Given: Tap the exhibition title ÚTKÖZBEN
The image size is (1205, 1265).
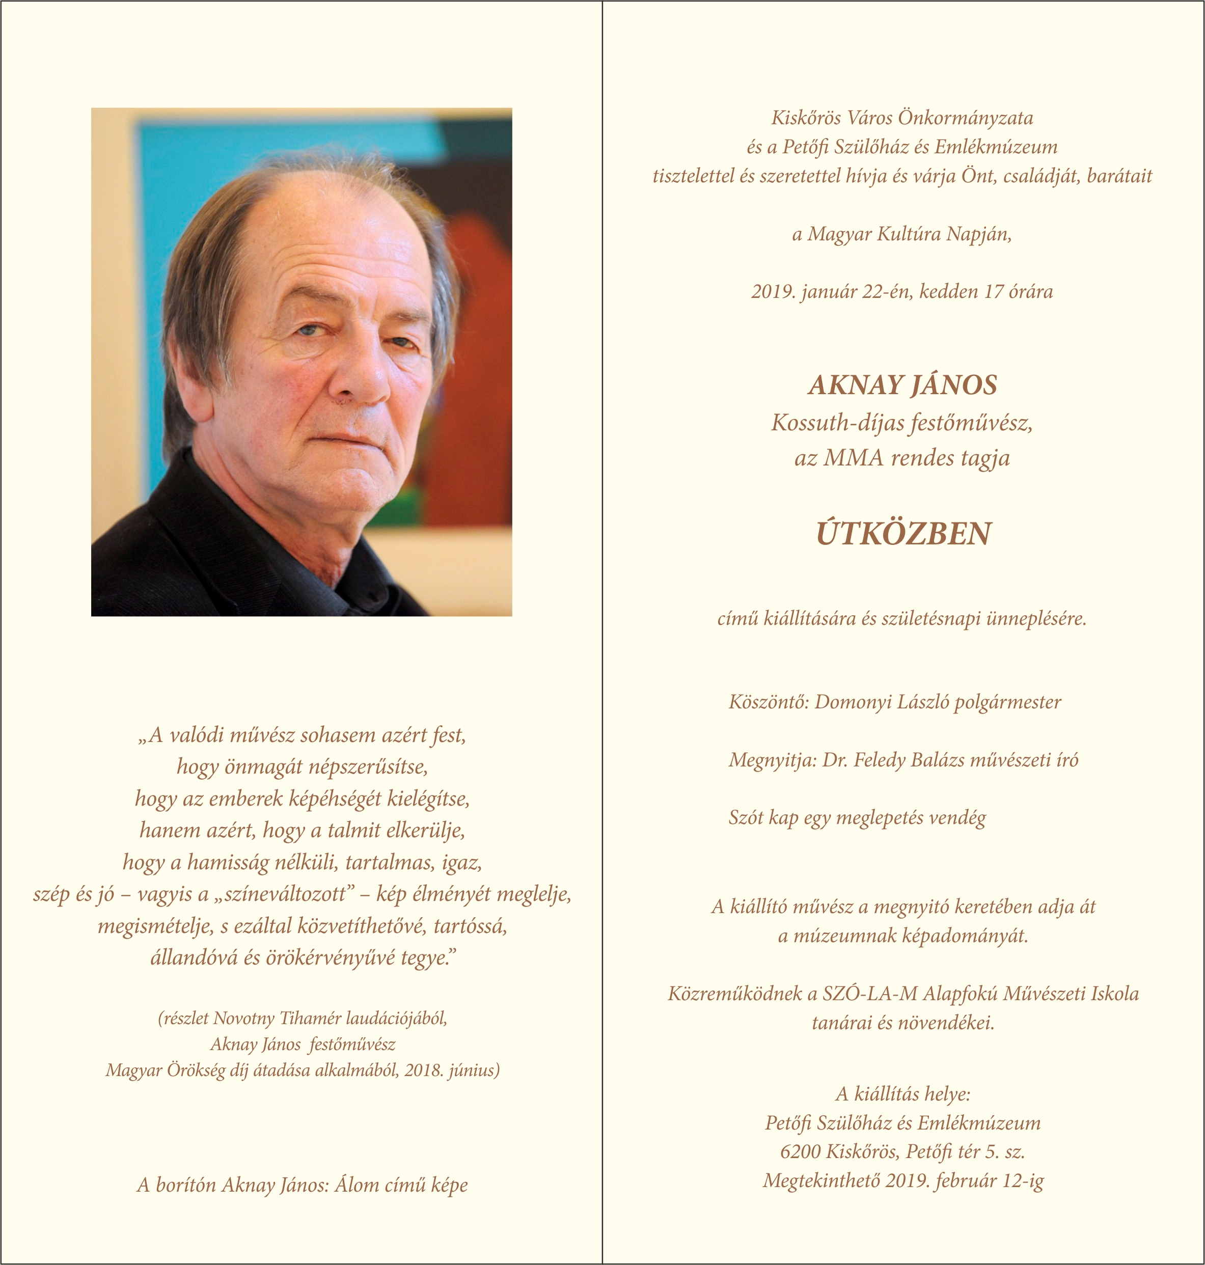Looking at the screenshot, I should [903, 534].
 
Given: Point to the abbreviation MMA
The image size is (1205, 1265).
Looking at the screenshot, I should [854, 458].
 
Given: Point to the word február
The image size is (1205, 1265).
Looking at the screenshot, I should [966, 1181].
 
